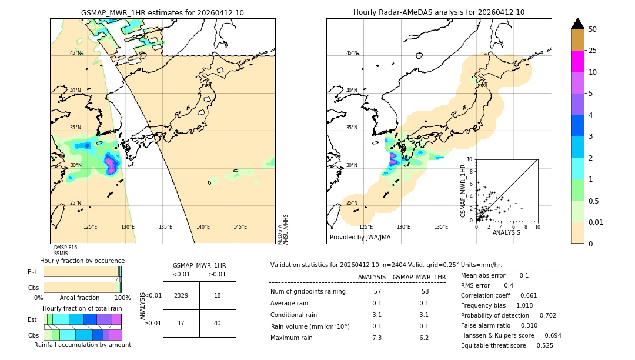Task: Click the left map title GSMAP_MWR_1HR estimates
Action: [x=162, y=12]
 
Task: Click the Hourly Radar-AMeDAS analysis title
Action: [x=439, y=12]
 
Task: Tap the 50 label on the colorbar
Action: [x=593, y=29]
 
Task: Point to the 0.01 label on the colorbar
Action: [x=596, y=222]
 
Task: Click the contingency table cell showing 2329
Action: [x=181, y=295]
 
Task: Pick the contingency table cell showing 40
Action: [x=218, y=323]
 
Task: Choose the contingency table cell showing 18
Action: [x=218, y=295]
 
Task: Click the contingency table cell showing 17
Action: [x=181, y=323]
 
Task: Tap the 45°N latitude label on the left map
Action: [x=75, y=53]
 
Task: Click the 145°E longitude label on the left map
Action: [x=240, y=227]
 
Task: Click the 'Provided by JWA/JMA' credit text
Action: [x=360, y=238]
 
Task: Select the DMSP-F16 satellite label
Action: [x=65, y=248]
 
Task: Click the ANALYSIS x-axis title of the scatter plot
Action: [x=506, y=232]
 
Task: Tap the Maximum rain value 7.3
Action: [x=377, y=338]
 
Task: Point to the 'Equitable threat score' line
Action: [x=507, y=345]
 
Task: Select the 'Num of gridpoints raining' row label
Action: [x=308, y=292]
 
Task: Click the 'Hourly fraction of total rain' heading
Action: [x=82, y=308]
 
